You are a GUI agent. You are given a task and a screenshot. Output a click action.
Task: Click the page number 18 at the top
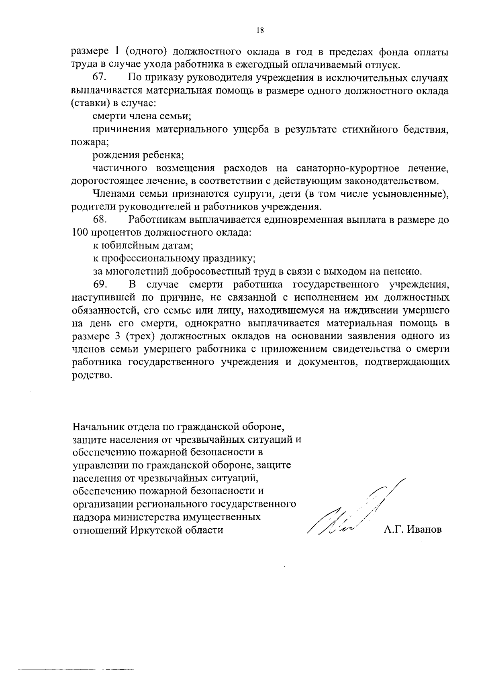(259, 30)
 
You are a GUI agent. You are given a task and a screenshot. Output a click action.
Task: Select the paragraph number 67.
(99, 78)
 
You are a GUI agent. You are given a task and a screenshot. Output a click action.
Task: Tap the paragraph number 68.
(99, 220)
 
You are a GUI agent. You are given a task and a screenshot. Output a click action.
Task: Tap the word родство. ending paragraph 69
(90, 375)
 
